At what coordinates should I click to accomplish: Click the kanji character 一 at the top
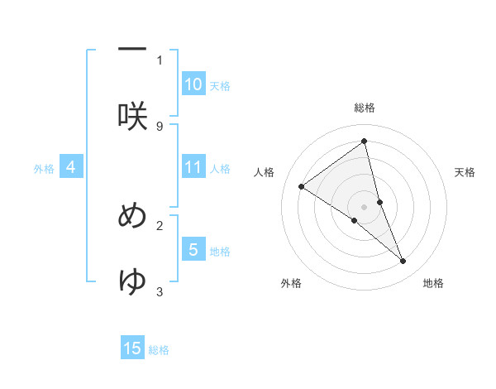(x=132, y=50)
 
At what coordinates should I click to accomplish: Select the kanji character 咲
(x=132, y=116)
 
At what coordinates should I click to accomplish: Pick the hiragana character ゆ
(x=132, y=281)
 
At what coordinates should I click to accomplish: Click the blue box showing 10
(x=193, y=84)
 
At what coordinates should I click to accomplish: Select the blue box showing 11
(x=193, y=167)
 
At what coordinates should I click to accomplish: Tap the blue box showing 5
(x=193, y=249)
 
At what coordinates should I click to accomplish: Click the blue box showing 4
(x=71, y=167)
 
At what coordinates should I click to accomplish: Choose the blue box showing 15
(x=133, y=348)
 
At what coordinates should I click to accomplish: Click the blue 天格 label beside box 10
(x=220, y=85)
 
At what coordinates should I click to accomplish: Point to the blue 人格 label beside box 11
(x=220, y=169)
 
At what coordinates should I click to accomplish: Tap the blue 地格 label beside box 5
(x=220, y=251)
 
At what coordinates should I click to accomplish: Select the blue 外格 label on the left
(x=44, y=169)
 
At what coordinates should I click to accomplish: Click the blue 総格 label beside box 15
(x=159, y=350)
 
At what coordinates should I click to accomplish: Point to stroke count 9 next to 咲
(x=160, y=126)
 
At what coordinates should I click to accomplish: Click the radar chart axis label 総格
(x=365, y=108)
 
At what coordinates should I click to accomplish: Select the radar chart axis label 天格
(x=465, y=172)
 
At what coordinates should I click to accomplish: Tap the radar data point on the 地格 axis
(x=403, y=262)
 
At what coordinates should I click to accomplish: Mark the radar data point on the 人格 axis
(x=302, y=186)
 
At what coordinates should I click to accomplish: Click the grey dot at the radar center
(x=365, y=206)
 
